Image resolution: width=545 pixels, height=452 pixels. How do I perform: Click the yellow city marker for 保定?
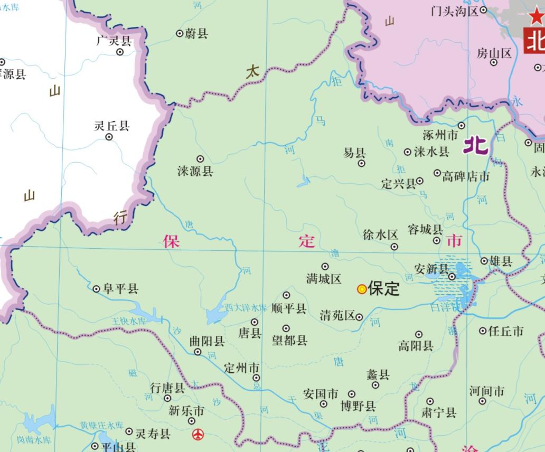point(362,289)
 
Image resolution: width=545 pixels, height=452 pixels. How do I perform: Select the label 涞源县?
point(195,171)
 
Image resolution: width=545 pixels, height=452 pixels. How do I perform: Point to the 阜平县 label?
point(120,288)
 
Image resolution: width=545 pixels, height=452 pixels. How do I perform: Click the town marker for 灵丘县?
point(109,137)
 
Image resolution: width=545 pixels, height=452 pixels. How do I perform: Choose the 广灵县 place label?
point(114,41)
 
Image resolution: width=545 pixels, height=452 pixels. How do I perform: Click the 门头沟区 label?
point(454,11)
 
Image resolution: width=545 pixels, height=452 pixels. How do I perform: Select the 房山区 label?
point(494,53)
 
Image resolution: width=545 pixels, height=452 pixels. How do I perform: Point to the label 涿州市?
point(440,135)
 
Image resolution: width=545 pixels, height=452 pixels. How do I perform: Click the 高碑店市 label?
point(466,176)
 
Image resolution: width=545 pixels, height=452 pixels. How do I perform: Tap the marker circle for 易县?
point(362,163)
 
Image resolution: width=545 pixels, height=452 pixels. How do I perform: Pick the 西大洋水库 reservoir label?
point(246,307)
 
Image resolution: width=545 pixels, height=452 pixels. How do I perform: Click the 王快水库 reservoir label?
point(128,321)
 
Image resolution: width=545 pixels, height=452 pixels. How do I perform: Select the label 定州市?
point(242,368)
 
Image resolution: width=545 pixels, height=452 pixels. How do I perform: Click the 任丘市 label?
point(506,331)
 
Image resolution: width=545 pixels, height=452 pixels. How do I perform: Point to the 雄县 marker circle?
point(484,261)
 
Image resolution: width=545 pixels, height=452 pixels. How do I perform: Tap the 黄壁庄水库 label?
point(102,425)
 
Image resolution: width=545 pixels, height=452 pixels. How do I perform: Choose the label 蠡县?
point(378,375)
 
